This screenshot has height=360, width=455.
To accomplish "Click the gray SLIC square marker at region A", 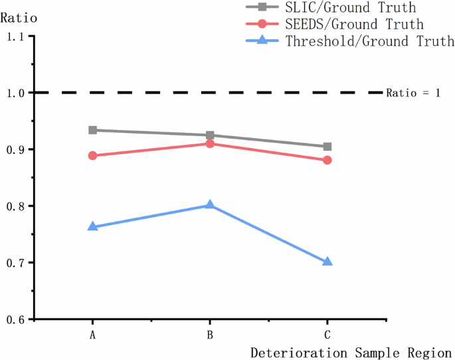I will (x=93, y=130).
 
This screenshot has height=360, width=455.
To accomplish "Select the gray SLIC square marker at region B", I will (x=210, y=135).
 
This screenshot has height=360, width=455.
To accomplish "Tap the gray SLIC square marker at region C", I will (x=327, y=147).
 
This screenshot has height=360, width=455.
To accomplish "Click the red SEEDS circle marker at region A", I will (x=93, y=155).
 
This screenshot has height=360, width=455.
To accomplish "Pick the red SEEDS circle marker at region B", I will (x=210, y=143).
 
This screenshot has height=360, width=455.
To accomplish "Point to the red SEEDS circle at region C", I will (x=327, y=160).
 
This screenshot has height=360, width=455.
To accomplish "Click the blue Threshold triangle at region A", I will (x=93, y=227).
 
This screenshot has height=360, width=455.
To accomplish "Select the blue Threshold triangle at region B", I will (x=210, y=205).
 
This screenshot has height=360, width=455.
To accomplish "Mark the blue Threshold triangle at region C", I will (x=327, y=262).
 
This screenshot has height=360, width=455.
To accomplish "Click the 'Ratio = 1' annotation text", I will (x=413, y=93).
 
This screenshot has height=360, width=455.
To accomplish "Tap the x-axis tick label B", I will (x=210, y=335).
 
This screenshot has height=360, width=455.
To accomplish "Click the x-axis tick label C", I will (x=327, y=335).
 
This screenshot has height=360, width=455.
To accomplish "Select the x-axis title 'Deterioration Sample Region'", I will (x=351, y=352).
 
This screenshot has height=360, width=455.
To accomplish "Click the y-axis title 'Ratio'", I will (x=17, y=18).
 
